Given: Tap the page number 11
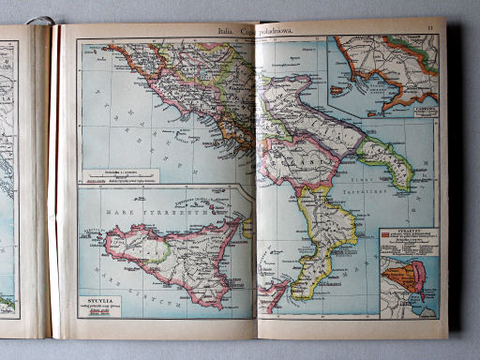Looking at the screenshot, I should coord(429,30).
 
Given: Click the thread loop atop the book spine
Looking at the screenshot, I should coord(39,20).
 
